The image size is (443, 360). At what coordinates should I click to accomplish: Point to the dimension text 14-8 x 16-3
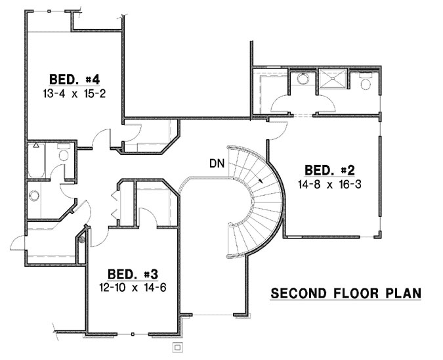(x=329, y=185)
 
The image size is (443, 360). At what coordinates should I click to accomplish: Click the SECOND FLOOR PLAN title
(x=346, y=293)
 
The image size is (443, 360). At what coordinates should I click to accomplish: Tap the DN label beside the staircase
(x=217, y=164)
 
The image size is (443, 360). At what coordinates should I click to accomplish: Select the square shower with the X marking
(x=335, y=81)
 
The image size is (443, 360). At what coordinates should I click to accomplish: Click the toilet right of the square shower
(x=366, y=83)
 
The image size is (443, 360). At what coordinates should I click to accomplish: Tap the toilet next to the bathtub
(x=64, y=156)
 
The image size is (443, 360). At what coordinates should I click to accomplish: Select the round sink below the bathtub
(x=33, y=195)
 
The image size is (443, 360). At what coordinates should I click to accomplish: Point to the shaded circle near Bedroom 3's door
(x=82, y=240)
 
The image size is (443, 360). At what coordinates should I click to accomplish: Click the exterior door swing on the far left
(x=18, y=242)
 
